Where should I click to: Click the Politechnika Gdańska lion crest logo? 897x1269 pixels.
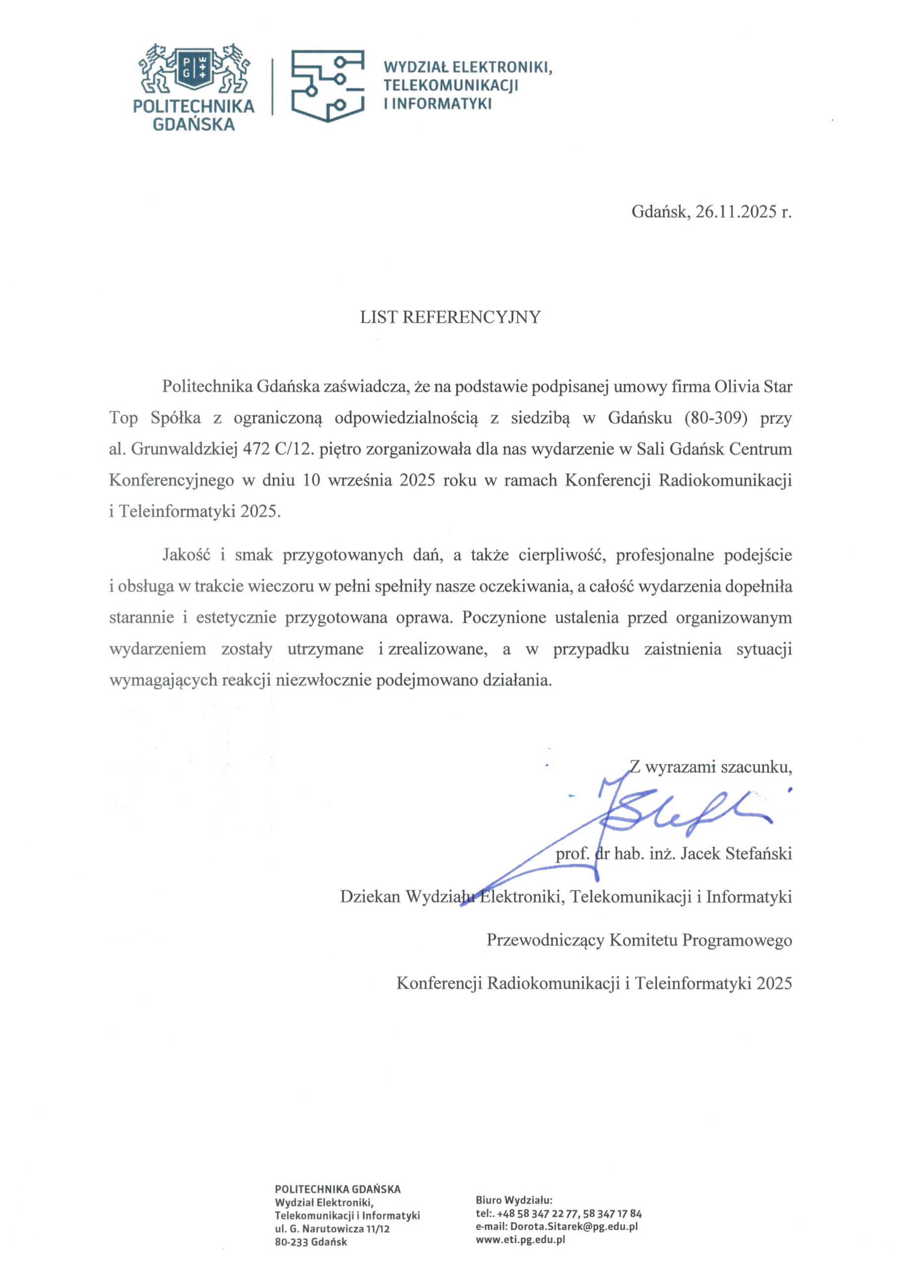[x=193, y=69]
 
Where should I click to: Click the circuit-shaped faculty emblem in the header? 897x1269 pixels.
[x=328, y=86]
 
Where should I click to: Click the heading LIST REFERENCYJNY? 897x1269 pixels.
[x=450, y=317]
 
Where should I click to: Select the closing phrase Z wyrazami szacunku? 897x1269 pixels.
[x=711, y=766]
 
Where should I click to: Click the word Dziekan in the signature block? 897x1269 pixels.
[x=370, y=897]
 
